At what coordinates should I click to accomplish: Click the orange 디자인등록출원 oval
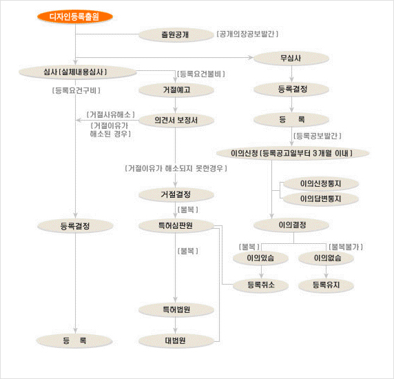pos(75,17)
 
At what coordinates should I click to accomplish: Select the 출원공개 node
pos(176,34)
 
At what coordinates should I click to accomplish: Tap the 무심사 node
pos(291,59)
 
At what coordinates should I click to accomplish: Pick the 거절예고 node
pos(176,90)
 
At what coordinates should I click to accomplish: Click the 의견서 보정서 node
pos(176,120)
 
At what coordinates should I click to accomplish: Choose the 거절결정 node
pos(176,194)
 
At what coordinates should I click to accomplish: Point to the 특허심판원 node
pos(176,225)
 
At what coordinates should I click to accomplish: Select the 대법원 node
pos(176,340)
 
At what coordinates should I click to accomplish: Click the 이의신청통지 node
pos(320,184)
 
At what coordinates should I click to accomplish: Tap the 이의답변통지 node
pos(320,198)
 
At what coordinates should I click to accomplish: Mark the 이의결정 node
pos(291,225)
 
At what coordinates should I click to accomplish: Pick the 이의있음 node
pos(260,258)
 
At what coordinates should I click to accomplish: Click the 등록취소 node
pos(260,285)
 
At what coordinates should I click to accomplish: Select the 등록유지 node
pos(326,285)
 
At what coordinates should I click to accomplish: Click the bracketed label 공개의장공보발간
pos(247,34)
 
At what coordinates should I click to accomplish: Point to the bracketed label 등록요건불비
pos(201,74)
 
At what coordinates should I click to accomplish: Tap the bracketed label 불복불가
pos(346,247)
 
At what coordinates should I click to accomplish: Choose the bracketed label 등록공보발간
pos(318,136)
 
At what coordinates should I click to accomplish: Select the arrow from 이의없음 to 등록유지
pos(326,272)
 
